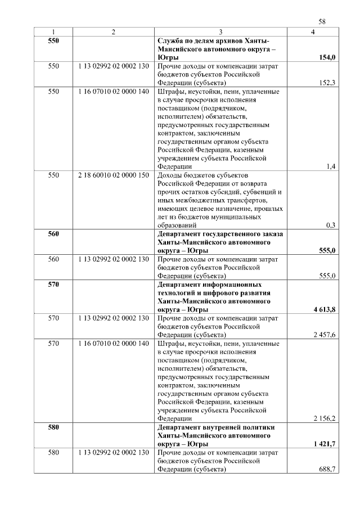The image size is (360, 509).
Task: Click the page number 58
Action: [322, 22]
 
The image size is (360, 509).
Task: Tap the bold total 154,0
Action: [327, 58]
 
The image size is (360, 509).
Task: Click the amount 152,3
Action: [327, 83]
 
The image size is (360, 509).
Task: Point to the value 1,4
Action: [331, 166]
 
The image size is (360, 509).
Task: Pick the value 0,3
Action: [331, 225]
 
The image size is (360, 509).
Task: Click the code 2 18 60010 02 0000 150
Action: [114, 175]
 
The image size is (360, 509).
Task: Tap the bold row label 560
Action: [53, 234]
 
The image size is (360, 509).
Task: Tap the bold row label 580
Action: [53, 427]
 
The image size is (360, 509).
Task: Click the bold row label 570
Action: [53, 285]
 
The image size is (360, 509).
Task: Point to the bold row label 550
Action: [53, 41]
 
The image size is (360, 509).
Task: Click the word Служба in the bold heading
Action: [170, 41]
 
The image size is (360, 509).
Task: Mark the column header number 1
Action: [53, 33]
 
